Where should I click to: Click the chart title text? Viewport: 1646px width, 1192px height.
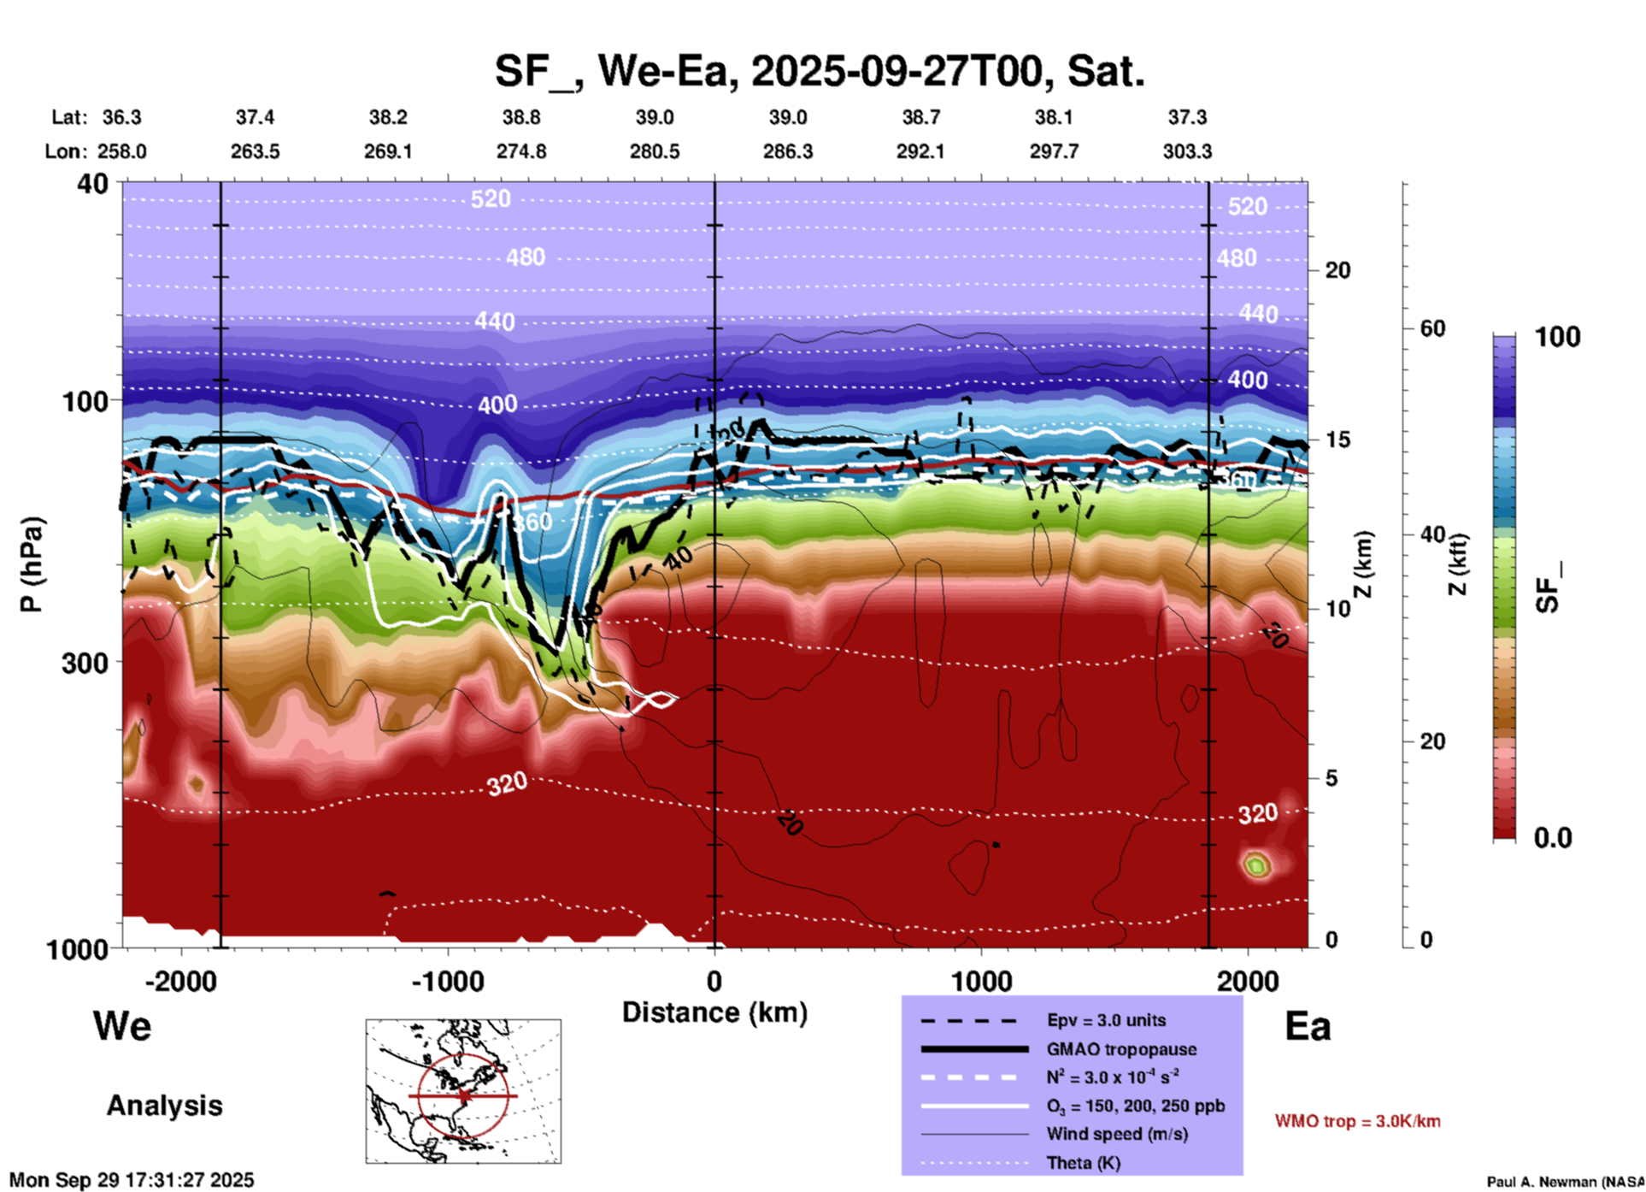pos(819,70)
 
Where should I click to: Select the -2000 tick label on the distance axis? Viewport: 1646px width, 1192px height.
pos(181,982)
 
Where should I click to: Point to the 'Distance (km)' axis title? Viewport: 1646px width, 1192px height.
pos(714,1012)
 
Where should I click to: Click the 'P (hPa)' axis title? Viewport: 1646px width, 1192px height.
pos(32,564)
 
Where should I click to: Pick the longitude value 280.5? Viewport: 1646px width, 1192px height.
pos(655,151)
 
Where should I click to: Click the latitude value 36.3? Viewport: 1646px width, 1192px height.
pos(121,117)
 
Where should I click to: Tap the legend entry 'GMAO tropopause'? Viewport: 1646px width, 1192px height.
pos(1121,1049)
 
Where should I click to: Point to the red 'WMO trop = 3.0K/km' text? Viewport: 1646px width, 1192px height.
pos(1357,1121)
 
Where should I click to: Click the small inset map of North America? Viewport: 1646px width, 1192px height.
pos(463,1091)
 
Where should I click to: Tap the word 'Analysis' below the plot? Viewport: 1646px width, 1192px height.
pos(164,1106)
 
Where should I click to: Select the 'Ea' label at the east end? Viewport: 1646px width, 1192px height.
pos(1308,1027)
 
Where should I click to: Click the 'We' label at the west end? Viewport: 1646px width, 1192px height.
pos(121,1026)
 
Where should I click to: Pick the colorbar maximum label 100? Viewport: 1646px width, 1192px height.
pos(1557,337)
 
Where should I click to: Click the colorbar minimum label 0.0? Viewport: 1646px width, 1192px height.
pos(1552,838)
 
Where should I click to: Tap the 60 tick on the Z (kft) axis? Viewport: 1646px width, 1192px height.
pos(1432,328)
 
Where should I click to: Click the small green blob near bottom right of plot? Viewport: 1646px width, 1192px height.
pos(1255,865)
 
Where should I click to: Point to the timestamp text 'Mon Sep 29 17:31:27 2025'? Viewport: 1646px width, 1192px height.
pos(132,1180)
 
